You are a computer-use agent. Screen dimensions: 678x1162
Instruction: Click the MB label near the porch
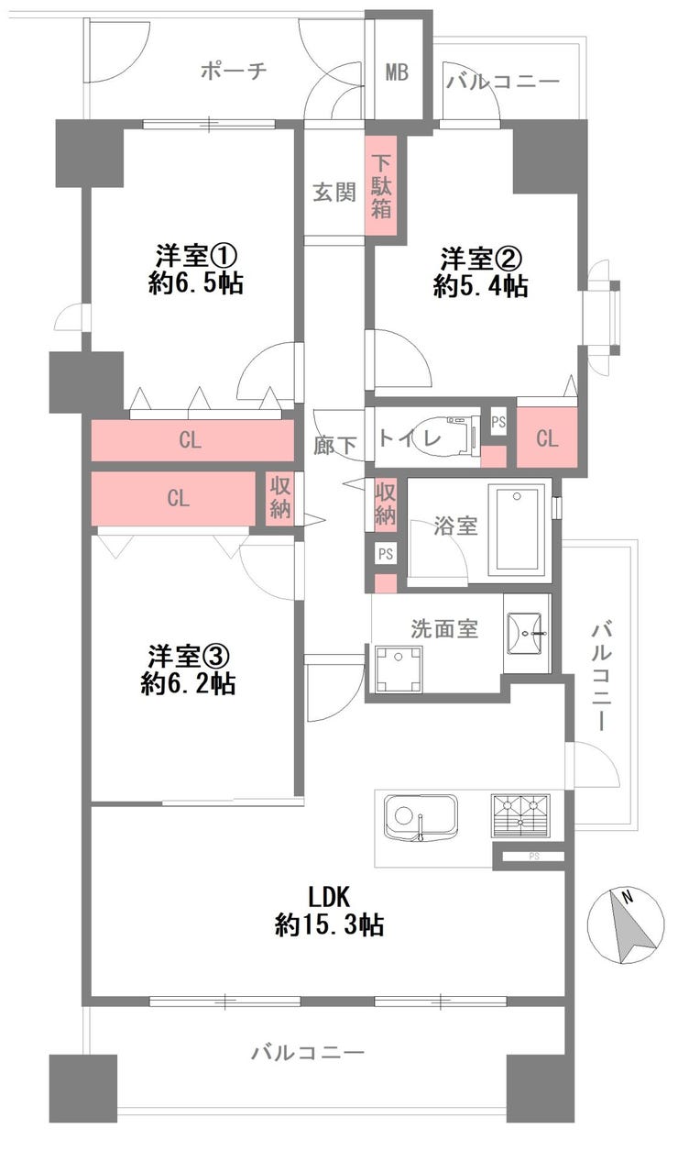[x=397, y=72]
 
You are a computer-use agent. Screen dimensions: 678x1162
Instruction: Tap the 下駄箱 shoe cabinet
[x=381, y=187]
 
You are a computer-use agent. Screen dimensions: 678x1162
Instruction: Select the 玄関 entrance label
[x=334, y=193]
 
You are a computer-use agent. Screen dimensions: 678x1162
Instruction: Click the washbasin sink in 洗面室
[x=525, y=634]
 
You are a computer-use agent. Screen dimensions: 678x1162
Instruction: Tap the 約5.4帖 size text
[x=480, y=286]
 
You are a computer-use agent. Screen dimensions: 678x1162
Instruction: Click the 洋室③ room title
[x=189, y=657]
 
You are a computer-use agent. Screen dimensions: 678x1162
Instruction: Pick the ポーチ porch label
[x=234, y=70]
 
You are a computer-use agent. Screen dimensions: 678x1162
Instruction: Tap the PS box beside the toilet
[x=498, y=422]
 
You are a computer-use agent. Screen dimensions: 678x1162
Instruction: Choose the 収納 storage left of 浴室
[x=385, y=504]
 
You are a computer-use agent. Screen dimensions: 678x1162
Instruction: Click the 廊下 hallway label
[x=334, y=446]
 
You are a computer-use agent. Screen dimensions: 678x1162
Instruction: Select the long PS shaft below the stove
[x=533, y=856]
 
